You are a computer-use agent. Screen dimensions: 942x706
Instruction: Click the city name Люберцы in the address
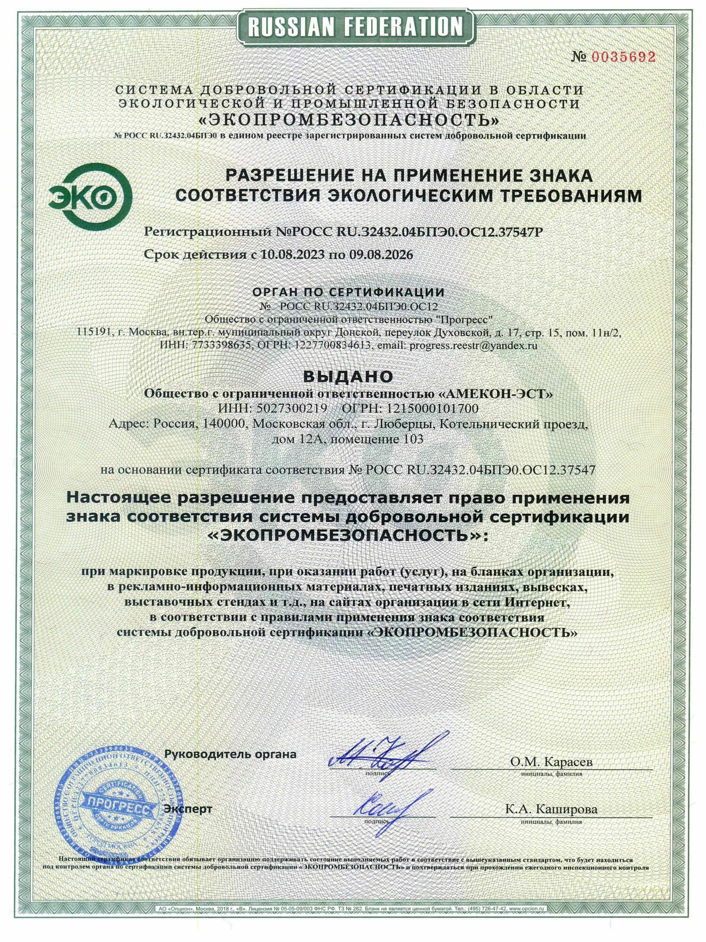tap(404, 424)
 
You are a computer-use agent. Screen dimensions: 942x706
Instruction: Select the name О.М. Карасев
tap(552, 774)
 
